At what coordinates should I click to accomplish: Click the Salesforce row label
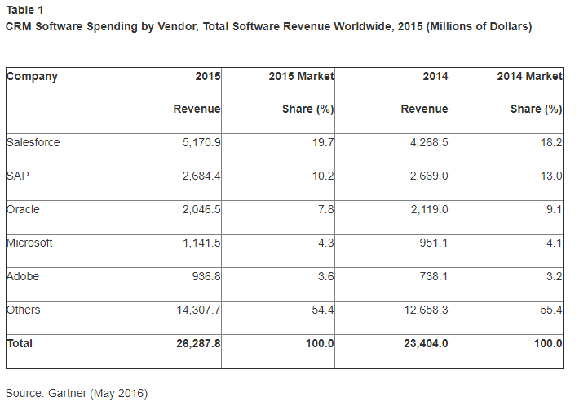(33, 142)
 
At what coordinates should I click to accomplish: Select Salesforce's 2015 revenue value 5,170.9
(199, 142)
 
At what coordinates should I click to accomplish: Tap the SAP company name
(18, 176)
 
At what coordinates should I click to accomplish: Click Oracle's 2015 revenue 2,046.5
(199, 209)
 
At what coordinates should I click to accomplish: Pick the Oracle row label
(23, 209)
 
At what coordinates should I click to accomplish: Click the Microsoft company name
(30, 243)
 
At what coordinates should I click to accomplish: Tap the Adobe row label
(23, 276)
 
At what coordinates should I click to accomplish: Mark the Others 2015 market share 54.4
(322, 310)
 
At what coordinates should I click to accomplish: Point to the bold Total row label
(20, 343)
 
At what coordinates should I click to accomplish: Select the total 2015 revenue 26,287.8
(196, 343)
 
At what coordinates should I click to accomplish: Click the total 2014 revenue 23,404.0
(424, 343)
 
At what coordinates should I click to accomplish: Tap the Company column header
(32, 76)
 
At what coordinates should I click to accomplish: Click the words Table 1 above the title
(25, 10)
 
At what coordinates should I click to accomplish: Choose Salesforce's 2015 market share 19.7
(322, 142)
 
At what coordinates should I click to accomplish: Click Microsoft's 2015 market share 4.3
(325, 243)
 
